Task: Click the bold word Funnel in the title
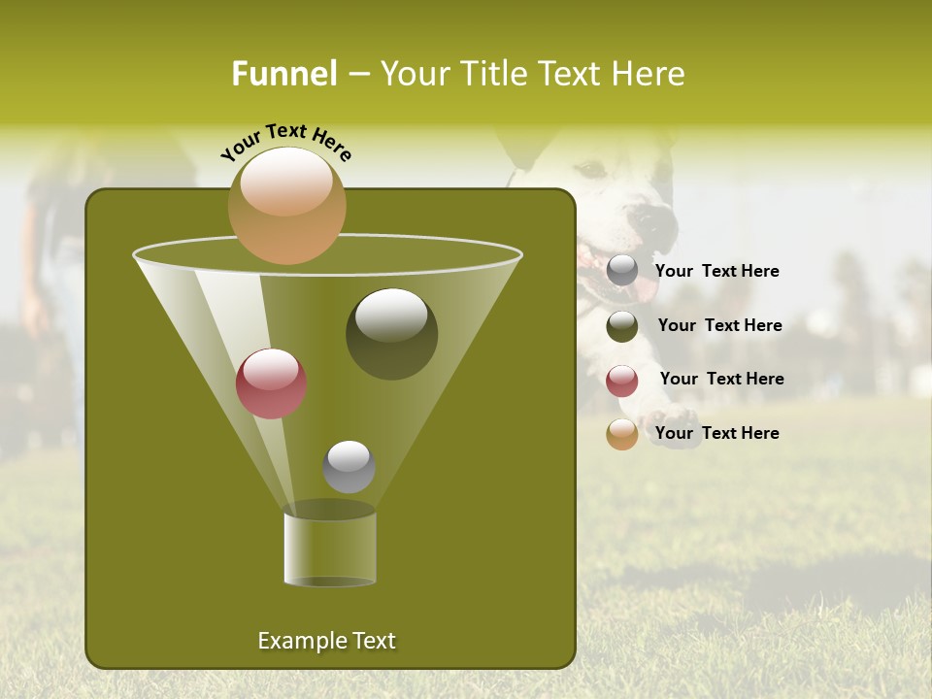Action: click(x=283, y=74)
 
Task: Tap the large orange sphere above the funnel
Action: click(x=286, y=205)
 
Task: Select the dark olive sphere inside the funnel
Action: click(x=391, y=333)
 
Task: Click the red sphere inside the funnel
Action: click(x=271, y=383)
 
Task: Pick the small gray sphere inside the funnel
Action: click(x=349, y=466)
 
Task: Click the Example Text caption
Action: click(x=326, y=641)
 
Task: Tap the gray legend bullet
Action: click(x=622, y=271)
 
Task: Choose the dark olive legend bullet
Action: click(x=622, y=326)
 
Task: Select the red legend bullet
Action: click(x=622, y=381)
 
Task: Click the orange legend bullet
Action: click(x=622, y=434)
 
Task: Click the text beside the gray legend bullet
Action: click(x=716, y=272)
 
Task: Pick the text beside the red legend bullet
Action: click(x=721, y=380)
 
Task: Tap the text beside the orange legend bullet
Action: click(x=716, y=434)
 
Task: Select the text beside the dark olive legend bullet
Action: click(x=719, y=326)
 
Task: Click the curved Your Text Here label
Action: click(x=285, y=142)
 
